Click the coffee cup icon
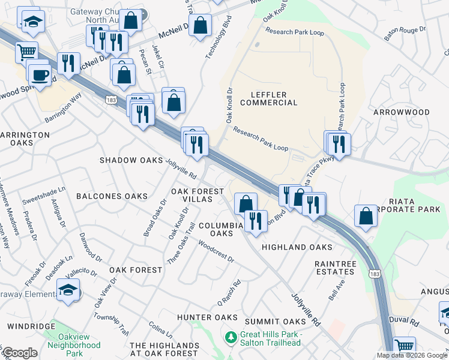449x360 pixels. (x=40, y=75)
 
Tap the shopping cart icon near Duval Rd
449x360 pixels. (x=406, y=347)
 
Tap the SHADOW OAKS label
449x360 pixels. (x=131, y=160)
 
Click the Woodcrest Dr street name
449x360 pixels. (x=215, y=252)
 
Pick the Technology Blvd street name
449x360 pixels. (x=218, y=43)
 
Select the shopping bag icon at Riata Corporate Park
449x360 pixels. (x=366, y=216)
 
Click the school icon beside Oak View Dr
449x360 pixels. (x=69, y=292)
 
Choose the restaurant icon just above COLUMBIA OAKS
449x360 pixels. (x=256, y=220)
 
